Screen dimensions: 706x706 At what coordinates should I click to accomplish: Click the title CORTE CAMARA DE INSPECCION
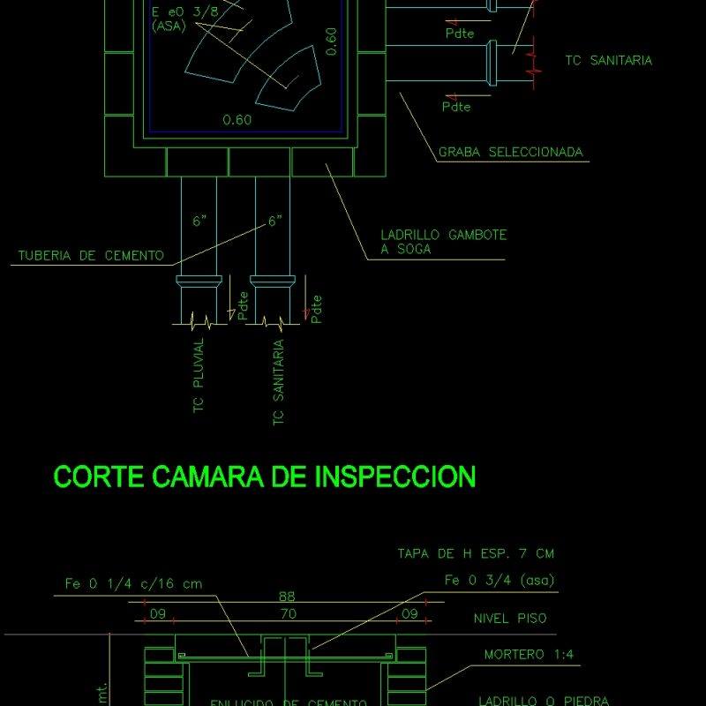tap(265, 477)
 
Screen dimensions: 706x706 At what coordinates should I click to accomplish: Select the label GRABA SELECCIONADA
tap(511, 153)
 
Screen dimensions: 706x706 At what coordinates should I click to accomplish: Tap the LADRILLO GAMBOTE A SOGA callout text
tap(443, 242)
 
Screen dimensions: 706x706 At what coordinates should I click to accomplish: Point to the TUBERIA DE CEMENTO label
tap(91, 256)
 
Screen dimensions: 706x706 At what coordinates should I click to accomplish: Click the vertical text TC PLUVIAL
tap(199, 374)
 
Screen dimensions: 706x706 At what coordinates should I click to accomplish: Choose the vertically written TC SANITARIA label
tap(279, 383)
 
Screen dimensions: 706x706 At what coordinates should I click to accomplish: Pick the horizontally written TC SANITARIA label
tap(608, 61)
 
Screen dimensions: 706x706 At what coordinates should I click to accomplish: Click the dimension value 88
tap(287, 597)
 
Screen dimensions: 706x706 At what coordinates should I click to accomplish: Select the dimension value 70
tap(287, 612)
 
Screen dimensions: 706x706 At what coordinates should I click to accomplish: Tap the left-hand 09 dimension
tap(157, 612)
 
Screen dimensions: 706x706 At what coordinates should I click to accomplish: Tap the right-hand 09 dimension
tap(409, 612)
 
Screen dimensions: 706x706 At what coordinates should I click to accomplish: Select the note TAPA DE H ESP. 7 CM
tap(476, 553)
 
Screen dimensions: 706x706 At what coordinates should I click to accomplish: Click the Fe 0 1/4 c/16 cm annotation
tap(133, 583)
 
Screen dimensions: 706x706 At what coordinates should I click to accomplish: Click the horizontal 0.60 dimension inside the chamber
tap(237, 120)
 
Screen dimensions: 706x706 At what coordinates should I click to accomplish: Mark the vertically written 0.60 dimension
tap(331, 41)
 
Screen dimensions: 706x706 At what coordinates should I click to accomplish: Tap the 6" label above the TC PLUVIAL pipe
tap(200, 221)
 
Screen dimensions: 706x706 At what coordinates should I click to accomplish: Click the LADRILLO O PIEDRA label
tap(543, 701)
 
